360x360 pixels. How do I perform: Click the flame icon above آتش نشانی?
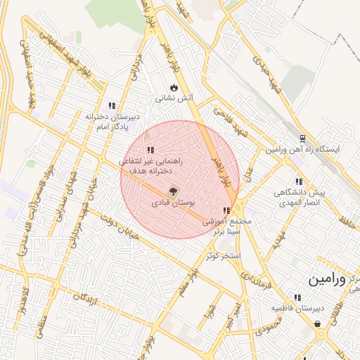174,87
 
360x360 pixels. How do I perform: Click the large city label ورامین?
327,279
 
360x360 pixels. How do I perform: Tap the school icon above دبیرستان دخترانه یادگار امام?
112,105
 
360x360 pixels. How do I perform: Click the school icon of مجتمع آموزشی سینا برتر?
226,210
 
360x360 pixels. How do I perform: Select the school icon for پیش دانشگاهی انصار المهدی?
299,181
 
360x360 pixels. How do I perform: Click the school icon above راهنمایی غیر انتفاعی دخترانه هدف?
150,150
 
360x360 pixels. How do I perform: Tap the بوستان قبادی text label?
173,202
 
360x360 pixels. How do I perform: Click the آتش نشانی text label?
174,99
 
